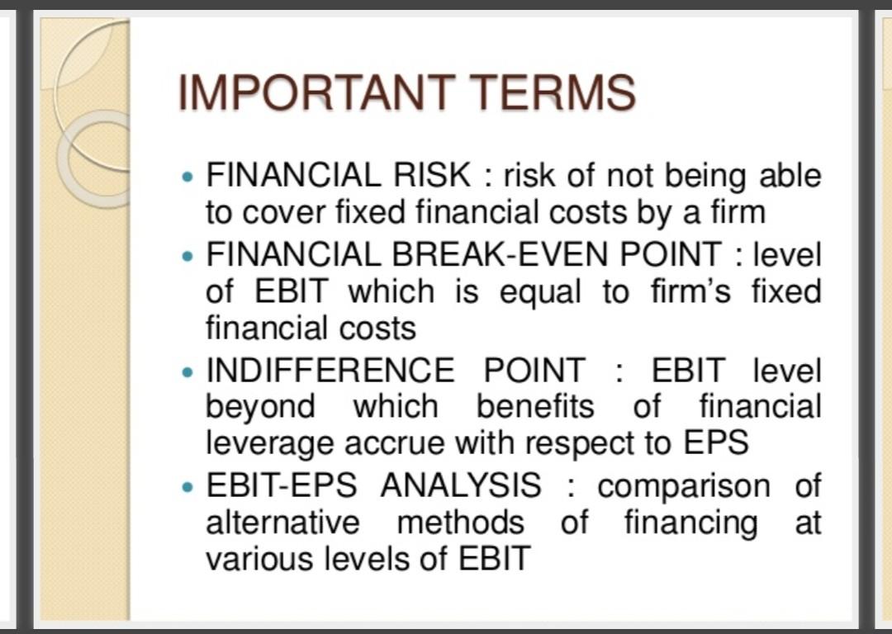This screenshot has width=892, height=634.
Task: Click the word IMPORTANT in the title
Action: point(316,92)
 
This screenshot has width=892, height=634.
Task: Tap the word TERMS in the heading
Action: point(552,92)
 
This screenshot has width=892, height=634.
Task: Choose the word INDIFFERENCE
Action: point(330,370)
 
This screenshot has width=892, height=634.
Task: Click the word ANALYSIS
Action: point(461,485)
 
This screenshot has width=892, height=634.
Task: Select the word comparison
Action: point(684,488)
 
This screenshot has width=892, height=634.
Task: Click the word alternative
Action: point(282,523)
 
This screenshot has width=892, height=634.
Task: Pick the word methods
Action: point(460,523)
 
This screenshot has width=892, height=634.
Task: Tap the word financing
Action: point(690,523)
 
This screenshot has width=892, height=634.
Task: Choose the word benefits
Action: point(535,407)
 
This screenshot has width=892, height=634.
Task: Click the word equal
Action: point(540,293)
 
